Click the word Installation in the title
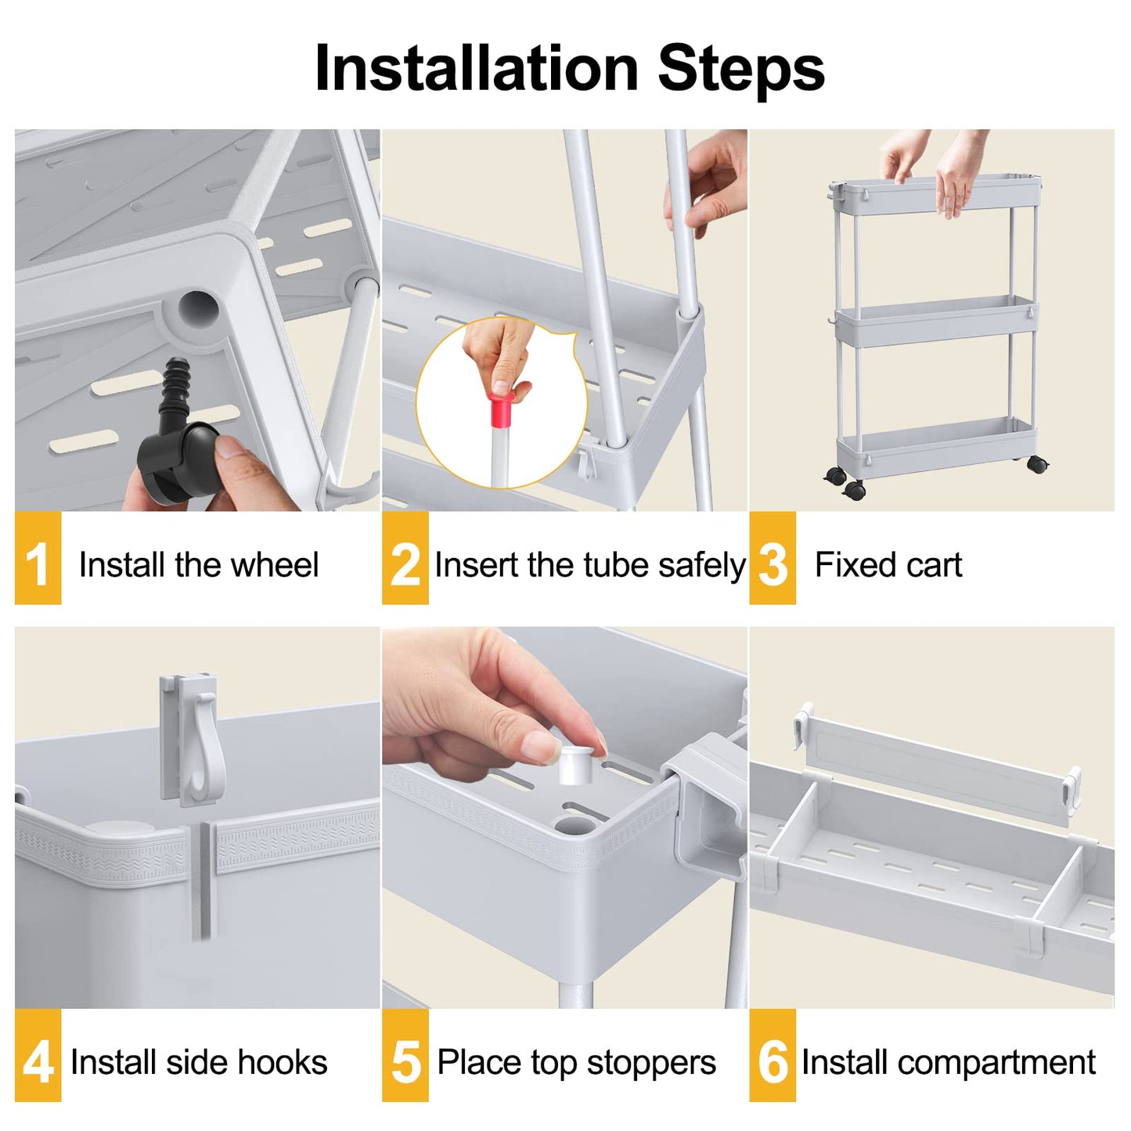pyautogui.click(x=477, y=69)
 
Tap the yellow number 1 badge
pyautogui.click(x=38, y=558)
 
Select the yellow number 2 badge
pyautogui.click(x=405, y=558)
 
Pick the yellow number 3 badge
pyautogui.click(x=773, y=558)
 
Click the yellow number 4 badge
pyautogui.click(x=38, y=1055)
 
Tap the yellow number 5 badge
pyautogui.click(x=405, y=1055)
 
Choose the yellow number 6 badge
pyautogui.click(x=773, y=1055)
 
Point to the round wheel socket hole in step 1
pyautogui.click(x=197, y=308)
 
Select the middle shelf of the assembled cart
pyautogui.click(x=935, y=321)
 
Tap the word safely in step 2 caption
pyautogui.click(x=701, y=564)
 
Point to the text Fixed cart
pyautogui.click(x=888, y=564)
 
